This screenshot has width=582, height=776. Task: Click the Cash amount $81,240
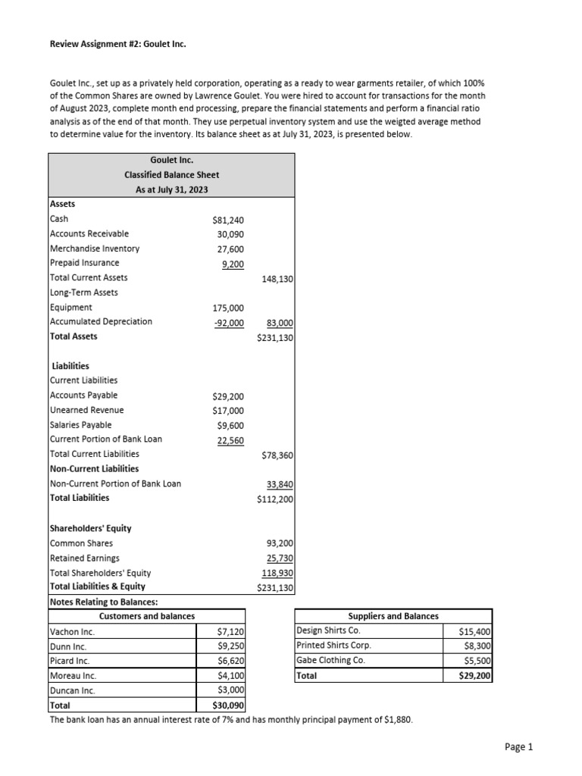click(x=229, y=220)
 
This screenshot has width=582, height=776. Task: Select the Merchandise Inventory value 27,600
click(x=230, y=249)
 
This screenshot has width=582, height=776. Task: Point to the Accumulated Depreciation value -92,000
click(x=227, y=321)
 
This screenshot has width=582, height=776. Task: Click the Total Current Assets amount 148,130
click(x=277, y=278)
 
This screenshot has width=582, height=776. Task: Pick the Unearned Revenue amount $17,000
click(x=228, y=410)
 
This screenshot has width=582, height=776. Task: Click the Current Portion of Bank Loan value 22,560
click(x=230, y=440)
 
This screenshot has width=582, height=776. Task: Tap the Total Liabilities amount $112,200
click(x=276, y=499)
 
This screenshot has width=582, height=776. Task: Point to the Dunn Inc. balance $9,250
click(x=228, y=646)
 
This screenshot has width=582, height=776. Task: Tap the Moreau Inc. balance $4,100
click(x=228, y=675)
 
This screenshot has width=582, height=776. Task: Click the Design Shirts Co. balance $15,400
click(x=475, y=631)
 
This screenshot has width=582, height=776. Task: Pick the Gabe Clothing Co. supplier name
click(x=330, y=660)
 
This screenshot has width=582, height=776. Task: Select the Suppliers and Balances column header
click(x=393, y=616)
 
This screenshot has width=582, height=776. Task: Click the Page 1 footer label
click(x=519, y=747)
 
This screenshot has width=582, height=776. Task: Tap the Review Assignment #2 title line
click(x=117, y=44)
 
